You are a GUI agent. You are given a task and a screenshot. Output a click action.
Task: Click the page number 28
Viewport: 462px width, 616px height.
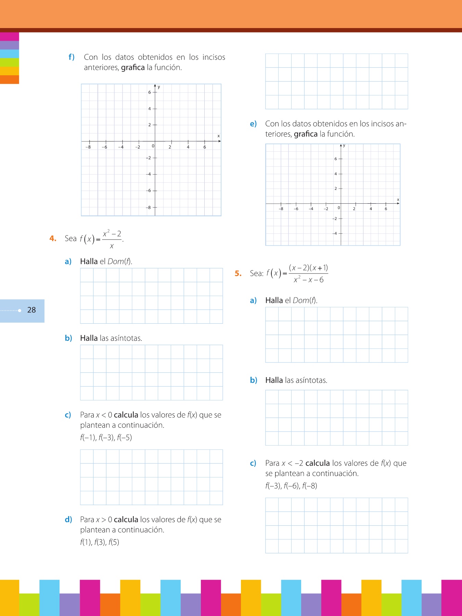point(31,310)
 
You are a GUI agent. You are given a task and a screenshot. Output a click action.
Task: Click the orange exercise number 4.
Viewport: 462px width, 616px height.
point(53,238)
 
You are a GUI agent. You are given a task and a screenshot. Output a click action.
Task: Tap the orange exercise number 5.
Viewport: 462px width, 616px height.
point(238,273)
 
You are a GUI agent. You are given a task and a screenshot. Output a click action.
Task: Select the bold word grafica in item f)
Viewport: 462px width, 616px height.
point(133,67)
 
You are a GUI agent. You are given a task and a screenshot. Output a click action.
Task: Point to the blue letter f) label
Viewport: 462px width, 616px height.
point(72,57)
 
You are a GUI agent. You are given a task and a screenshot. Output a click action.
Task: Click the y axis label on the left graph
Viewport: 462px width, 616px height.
point(159,87)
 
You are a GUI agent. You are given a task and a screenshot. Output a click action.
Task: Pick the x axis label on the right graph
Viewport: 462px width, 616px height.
point(398,200)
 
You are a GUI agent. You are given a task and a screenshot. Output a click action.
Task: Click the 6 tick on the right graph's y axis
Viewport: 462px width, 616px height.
point(335,159)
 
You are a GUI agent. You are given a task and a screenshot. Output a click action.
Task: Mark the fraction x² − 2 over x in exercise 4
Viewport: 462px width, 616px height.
point(112,239)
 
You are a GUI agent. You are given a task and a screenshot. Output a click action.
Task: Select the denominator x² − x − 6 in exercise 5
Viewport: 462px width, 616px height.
point(308,280)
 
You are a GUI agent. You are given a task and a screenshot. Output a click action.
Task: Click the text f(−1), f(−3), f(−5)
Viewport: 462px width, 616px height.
point(106,437)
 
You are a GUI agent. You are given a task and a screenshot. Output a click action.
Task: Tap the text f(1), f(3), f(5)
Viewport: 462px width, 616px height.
point(100,542)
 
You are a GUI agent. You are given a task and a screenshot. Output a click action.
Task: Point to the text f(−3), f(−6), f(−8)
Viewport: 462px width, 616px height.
point(291,486)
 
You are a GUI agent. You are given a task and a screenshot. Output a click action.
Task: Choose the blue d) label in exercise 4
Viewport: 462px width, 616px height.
point(68,519)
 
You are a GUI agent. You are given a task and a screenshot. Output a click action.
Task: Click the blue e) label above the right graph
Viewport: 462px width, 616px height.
point(253,124)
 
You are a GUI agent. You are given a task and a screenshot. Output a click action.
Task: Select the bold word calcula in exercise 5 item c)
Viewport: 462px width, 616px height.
point(318,463)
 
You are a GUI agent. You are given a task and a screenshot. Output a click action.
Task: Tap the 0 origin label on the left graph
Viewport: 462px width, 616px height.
point(153,146)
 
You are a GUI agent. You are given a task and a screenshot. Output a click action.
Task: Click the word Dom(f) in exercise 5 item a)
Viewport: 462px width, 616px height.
point(305,300)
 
